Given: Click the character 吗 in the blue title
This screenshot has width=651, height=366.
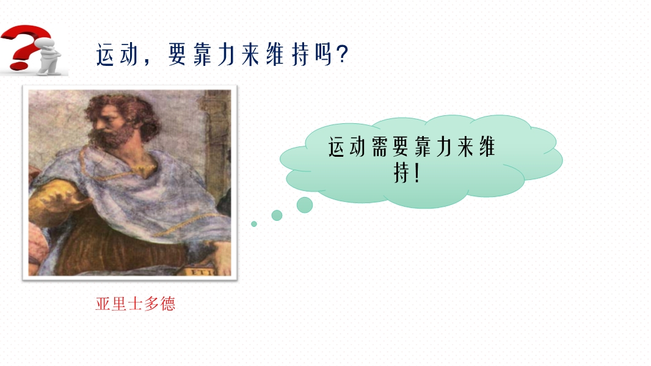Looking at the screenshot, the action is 323,54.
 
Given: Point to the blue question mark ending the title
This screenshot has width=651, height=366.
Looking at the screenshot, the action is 343,54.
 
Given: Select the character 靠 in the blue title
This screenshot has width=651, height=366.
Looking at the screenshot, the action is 202,54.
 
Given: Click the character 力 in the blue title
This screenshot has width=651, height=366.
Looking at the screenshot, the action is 227,54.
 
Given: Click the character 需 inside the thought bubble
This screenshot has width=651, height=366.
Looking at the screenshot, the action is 379,147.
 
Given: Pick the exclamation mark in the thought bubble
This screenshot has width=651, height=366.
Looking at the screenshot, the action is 417,173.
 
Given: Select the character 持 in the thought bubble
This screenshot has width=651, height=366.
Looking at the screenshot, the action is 401,173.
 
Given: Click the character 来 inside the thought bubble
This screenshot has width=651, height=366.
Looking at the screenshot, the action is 465,147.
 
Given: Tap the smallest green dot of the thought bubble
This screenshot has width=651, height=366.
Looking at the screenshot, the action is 254,224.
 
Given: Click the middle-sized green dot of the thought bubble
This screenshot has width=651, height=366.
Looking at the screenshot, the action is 277,215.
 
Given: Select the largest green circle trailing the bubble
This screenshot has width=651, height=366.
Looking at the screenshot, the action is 305,205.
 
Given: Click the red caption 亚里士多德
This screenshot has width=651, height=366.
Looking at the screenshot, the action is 136,304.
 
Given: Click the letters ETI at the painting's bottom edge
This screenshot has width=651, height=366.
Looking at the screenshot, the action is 203,272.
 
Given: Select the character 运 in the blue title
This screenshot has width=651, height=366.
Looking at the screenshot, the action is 104,54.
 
